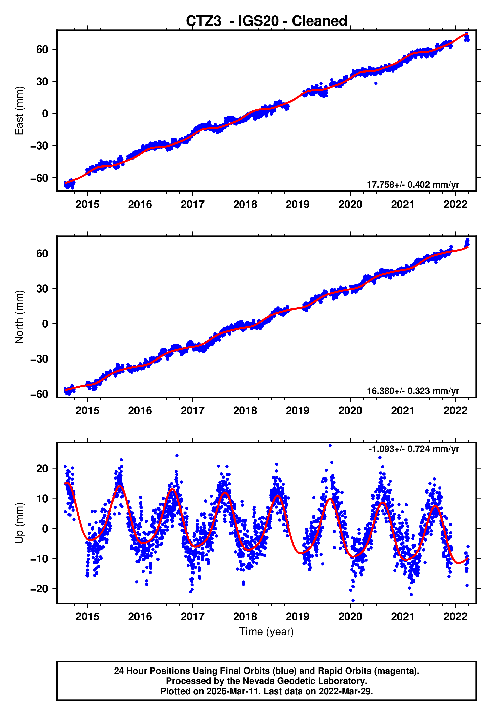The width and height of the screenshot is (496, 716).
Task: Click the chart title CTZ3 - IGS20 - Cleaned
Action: point(266,21)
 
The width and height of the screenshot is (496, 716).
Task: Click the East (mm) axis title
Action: point(19,111)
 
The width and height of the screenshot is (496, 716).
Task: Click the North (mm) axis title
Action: point(19,317)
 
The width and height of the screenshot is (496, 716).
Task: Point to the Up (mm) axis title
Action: point(19,523)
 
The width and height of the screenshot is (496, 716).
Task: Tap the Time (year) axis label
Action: point(266,632)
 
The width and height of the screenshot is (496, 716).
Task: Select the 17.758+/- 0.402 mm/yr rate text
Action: point(413,185)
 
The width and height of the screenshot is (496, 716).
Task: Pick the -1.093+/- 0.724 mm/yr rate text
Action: point(414,449)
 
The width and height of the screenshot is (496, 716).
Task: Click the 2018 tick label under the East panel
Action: point(245,204)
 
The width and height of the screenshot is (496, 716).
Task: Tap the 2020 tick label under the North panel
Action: point(350,411)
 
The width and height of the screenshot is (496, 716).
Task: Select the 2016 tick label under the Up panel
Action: point(140,617)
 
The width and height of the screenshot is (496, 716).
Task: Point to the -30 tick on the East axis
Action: point(39,146)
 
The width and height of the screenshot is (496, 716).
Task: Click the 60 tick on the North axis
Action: point(42,253)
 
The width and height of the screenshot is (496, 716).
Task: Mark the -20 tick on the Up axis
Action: point(39,589)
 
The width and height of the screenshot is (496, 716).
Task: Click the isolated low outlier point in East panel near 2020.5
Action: point(376,83)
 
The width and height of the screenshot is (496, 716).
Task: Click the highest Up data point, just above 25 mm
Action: point(330,446)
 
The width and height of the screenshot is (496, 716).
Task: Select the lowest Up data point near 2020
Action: point(353,601)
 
